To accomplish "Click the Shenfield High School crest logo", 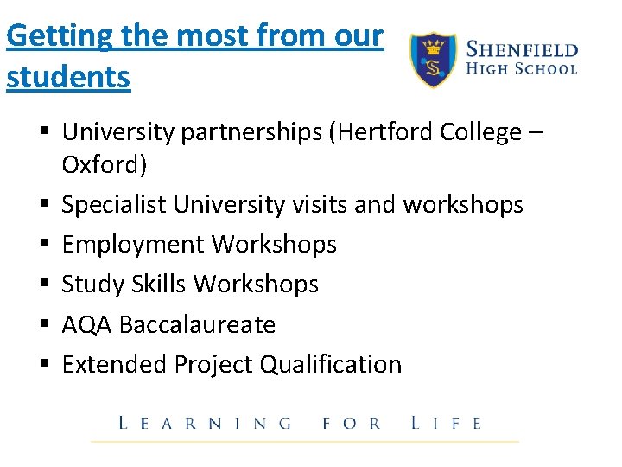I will pos(433,60).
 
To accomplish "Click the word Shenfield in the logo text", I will pos(522,48).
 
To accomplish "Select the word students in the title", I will pos(68,77).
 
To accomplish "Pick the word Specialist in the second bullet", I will pos(114,204).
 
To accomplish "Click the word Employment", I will pos(133,245).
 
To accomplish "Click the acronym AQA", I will pos(87,324).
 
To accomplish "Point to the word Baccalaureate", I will pos(198,324).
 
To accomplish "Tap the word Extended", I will pos(115,364).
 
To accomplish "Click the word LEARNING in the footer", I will pos(205,424).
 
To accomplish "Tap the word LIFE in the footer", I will pos(447,424).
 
